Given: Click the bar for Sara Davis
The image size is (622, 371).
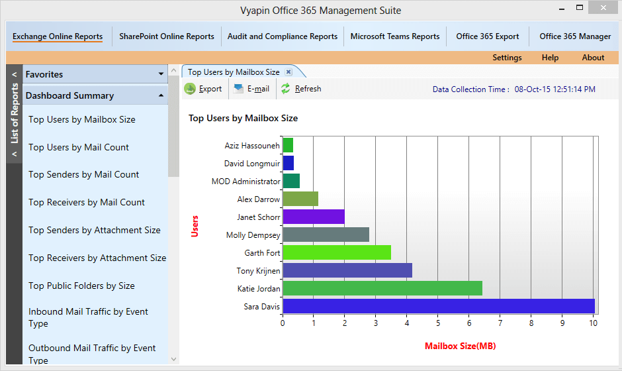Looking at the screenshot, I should pos(438,306).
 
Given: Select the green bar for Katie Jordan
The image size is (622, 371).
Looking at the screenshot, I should pos(382,288).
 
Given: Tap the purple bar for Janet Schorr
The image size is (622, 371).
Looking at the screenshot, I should pos(313,217).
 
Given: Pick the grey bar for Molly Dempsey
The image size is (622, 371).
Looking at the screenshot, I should pos(326,235).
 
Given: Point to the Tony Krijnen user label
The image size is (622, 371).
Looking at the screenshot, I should pos(258,271).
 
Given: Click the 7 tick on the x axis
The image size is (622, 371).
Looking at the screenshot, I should pos(500,324).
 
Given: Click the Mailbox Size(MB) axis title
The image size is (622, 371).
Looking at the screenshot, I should pos(460,346).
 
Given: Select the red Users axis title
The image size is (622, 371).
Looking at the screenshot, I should pos(195,226).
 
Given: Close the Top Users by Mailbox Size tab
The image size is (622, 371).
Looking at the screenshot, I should pos(289,72).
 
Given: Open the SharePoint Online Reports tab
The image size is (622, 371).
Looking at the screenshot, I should pos(167,36).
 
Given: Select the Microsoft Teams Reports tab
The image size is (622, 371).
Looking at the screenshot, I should pos(395,36).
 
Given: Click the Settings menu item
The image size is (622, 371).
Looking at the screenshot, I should pos(507,58).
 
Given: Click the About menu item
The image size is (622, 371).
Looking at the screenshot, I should pos(593,58).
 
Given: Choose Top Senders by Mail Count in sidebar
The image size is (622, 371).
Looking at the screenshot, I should pos(83,175).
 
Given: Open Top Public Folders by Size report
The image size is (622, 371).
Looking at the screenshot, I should pos(81,286).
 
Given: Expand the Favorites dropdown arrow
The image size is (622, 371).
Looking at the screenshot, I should pos(161,74).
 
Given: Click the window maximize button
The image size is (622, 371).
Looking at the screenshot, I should pos(580,8).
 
